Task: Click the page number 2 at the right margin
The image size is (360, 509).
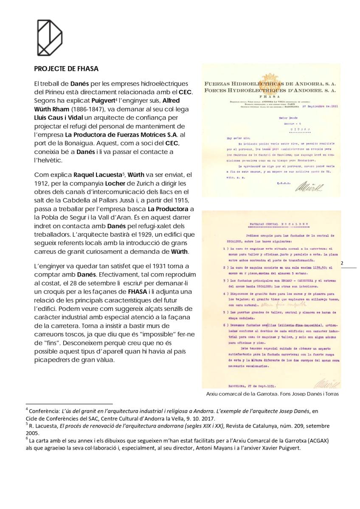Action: [x=342, y=263]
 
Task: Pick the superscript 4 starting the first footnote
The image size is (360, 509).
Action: [x=27, y=409]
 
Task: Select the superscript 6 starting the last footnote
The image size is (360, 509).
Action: [x=27, y=439]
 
